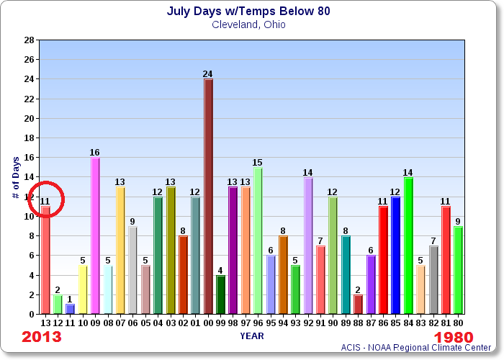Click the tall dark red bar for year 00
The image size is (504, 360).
[208, 196]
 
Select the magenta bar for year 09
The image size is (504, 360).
[95, 235]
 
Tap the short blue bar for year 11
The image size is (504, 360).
[70, 309]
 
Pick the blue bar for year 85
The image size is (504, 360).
[395, 255]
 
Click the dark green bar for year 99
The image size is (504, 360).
[220, 294]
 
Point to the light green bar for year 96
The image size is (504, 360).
[258, 240]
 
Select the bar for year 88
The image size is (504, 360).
[358, 305]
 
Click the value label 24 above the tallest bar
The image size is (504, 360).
[208, 73]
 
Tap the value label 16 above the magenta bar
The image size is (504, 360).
[95, 152]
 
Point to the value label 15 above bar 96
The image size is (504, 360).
[258, 162]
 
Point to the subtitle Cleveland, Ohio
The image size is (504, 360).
[249, 24]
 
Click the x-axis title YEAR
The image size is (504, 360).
[251, 335]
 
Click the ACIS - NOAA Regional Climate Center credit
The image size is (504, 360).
[420, 348]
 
